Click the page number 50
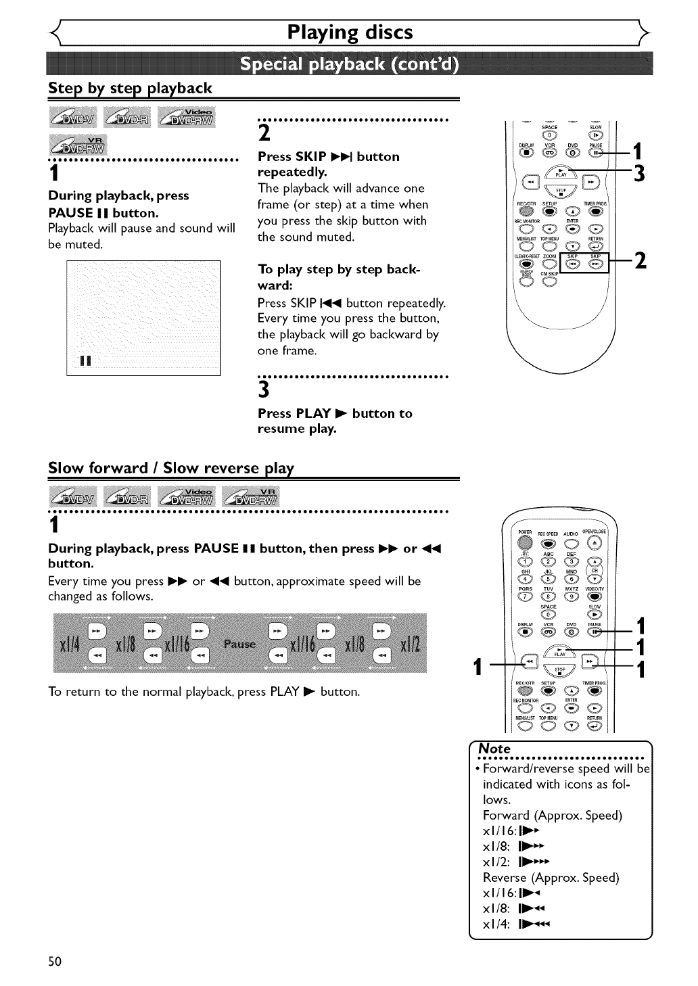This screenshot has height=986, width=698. [x=55, y=962]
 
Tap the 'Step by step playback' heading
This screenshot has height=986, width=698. [x=130, y=88]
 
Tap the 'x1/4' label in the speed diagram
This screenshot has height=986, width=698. [x=70, y=644]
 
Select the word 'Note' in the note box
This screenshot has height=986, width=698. [x=494, y=749]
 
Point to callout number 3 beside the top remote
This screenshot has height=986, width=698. [x=638, y=174]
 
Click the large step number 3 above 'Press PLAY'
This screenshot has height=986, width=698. [x=264, y=390]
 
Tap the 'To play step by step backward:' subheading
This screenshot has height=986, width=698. [x=338, y=277]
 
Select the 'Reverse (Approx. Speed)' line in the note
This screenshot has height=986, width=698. [x=551, y=878]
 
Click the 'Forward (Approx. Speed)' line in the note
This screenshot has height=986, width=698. [x=552, y=816]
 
